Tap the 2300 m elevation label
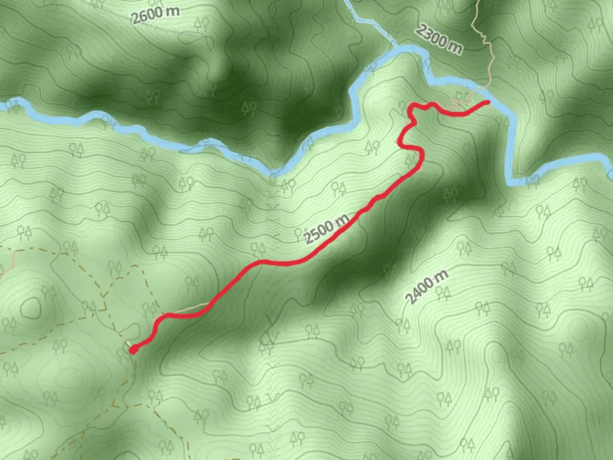pos(439,39)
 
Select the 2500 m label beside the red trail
pos(327,229)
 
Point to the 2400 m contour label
pos(427,287)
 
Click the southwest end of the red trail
pos(133,350)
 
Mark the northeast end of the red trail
pos(487,102)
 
